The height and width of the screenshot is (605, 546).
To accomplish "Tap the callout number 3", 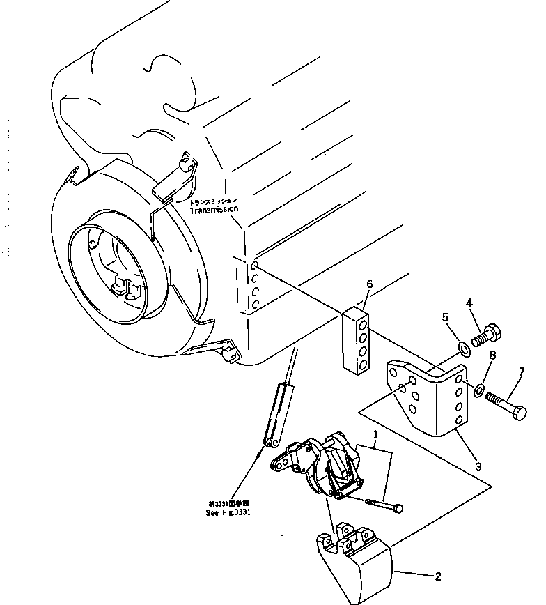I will (478, 466).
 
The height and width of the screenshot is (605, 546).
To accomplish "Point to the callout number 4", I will (469, 302).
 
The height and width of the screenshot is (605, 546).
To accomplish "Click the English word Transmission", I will (213, 208).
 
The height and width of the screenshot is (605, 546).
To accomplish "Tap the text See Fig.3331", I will (228, 512).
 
